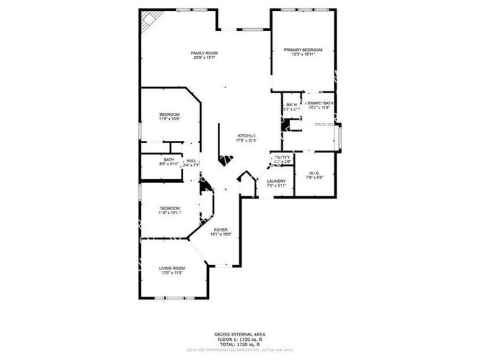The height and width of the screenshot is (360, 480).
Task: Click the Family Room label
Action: (205, 53)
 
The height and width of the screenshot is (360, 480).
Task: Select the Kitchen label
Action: (246, 135)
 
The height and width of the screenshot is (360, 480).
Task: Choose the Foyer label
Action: (221, 229)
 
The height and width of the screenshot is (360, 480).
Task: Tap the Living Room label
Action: (173, 268)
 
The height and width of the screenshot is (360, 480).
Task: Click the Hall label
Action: (191, 161)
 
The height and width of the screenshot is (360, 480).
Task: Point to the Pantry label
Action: (282, 157)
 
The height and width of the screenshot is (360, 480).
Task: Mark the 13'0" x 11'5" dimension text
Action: (173, 273)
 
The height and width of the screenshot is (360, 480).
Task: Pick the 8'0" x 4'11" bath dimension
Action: (169, 164)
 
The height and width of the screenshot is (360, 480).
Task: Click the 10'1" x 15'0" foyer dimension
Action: (221, 235)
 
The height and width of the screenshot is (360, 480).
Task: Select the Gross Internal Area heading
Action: (241, 333)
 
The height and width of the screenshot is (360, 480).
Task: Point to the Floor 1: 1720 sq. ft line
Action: (241, 339)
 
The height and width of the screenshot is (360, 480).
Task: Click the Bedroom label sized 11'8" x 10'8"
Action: (170, 114)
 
